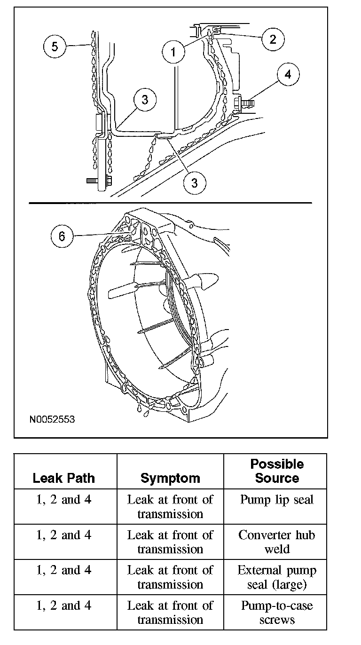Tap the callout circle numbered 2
[x=273, y=39]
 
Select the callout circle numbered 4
[x=288, y=74]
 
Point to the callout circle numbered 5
[x=55, y=47]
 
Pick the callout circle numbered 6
[x=62, y=236]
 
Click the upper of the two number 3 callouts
[x=144, y=100]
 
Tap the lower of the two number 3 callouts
[x=195, y=182]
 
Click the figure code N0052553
[x=52, y=419]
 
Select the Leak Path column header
[x=64, y=478]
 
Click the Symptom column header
[x=170, y=478]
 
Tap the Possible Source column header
[x=277, y=471]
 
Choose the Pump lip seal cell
[x=277, y=499]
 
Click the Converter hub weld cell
[x=277, y=542]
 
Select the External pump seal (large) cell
[x=277, y=577]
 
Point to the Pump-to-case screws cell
[x=277, y=613]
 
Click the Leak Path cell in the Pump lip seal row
[x=64, y=499]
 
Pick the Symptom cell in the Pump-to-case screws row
[x=170, y=613]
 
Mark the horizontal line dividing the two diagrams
[x=170, y=203]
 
